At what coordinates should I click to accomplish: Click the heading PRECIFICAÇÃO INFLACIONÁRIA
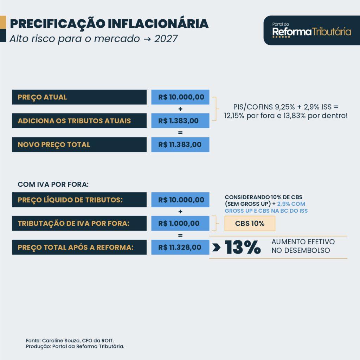(x=109, y=24)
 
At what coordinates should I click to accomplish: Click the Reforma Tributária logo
(x=311, y=31)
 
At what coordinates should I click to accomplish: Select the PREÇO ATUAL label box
(x=79, y=97)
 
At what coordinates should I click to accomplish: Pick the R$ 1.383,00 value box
(x=180, y=121)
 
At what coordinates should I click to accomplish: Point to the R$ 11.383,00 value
(x=180, y=144)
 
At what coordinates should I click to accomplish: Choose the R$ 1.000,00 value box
(x=180, y=224)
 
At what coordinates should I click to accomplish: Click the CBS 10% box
(x=250, y=224)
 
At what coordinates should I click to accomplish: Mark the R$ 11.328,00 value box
(x=180, y=247)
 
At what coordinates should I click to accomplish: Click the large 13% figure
(x=243, y=247)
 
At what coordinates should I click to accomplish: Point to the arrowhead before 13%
(x=216, y=247)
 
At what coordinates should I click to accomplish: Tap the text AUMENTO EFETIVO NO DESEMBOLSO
(x=303, y=246)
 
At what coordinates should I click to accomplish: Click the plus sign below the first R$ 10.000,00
(x=180, y=109)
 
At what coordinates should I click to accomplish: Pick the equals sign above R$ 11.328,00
(x=180, y=235)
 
